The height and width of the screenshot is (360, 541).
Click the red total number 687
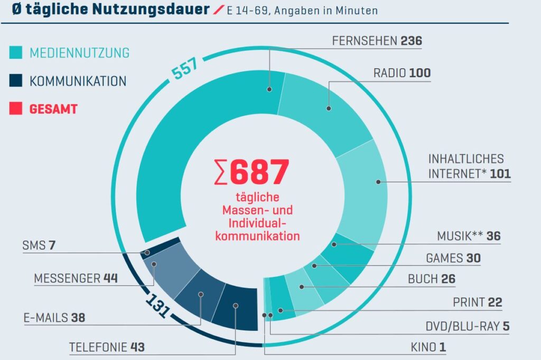(x=259, y=173)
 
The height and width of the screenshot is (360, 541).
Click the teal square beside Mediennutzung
(x=16, y=53)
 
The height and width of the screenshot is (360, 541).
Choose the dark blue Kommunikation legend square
(x=16, y=81)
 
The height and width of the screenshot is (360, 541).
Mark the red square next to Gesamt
(x=16, y=109)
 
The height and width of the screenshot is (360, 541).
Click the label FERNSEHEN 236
(x=377, y=41)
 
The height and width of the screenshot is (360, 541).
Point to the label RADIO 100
(x=402, y=73)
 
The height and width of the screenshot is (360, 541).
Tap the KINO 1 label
(x=428, y=347)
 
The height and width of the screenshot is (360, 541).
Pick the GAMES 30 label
(x=453, y=259)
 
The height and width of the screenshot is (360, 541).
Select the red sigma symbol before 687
(x=221, y=173)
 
